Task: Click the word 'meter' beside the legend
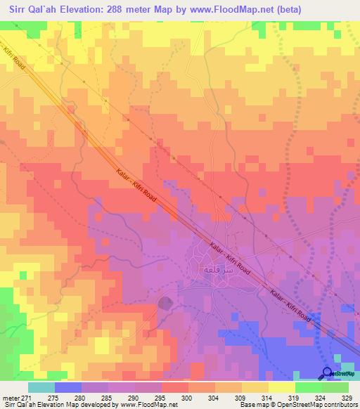pos(9,397)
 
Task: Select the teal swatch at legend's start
pos(41,387)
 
